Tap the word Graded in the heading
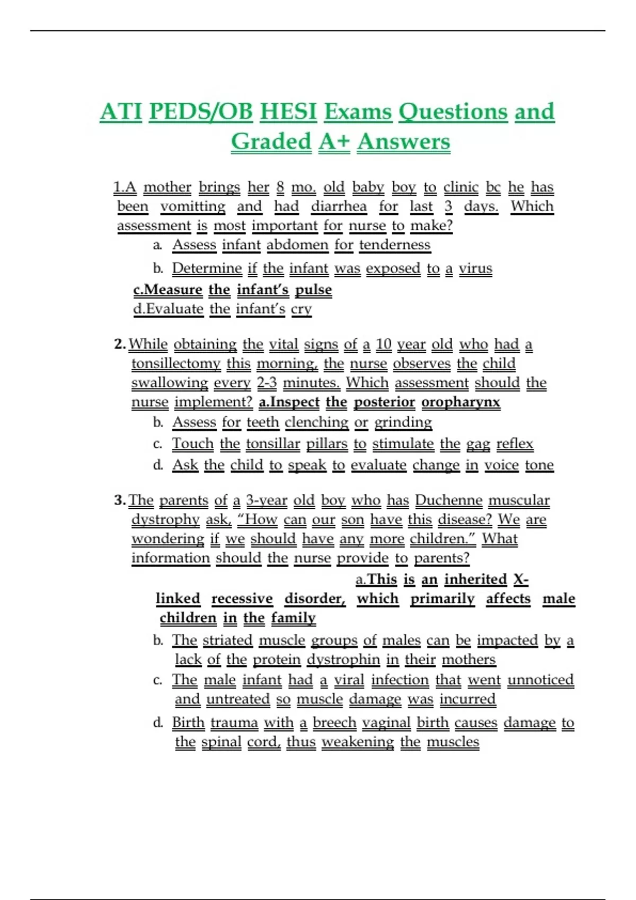coord(271,141)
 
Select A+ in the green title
coord(334,141)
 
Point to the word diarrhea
coord(339,206)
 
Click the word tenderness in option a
coord(394,245)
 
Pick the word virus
coord(475,268)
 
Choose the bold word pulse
coord(313,290)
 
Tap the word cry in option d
coord(301,309)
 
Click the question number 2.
coord(119,344)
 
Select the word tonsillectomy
coord(176,363)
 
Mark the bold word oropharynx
coord(461,402)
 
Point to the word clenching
coord(316,422)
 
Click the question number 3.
coord(119,500)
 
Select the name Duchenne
coord(448,500)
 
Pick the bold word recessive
coord(242,598)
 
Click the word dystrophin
coord(343,659)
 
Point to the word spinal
coord(222,742)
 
